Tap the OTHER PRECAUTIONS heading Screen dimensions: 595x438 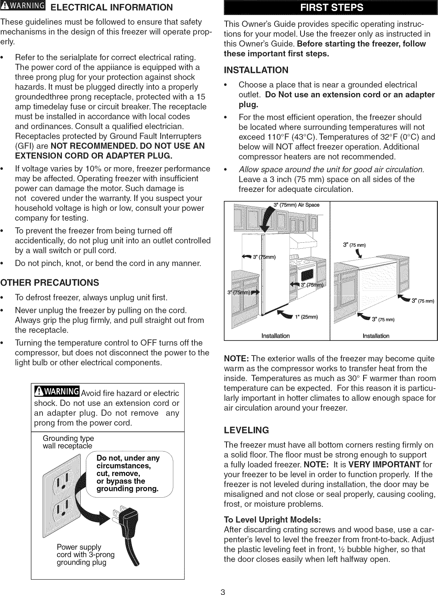(50, 283)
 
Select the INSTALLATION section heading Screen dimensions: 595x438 (256, 70)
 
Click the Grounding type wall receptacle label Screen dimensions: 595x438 (68, 442)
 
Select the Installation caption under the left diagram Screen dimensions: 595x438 (275, 336)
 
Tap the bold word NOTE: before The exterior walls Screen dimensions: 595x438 (236, 359)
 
